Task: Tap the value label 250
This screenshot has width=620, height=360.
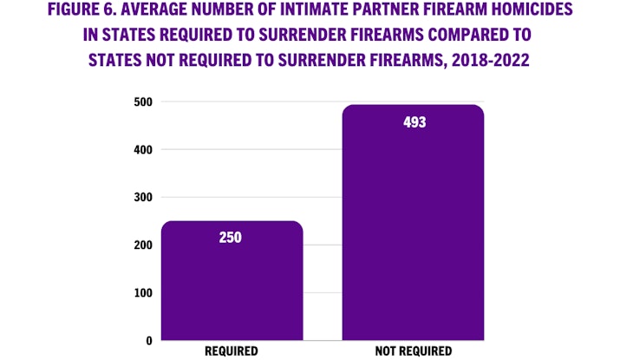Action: (x=232, y=237)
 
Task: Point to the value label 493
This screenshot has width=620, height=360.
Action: (x=414, y=122)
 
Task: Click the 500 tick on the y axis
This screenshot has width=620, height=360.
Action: (x=143, y=102)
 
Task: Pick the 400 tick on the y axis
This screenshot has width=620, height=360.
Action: (x=143, y=150)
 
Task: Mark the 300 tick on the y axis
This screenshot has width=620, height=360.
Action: (x=143, y=198)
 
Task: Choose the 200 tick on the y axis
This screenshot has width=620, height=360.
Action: (x=143, y=245)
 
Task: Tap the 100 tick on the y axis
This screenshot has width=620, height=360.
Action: (x=143, y=293)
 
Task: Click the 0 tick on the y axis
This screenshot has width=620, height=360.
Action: (x=149, y=341)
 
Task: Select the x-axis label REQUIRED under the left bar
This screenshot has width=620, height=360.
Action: (x=232, y=351)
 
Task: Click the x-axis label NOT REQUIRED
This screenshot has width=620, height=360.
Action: (x=414, y=351)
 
